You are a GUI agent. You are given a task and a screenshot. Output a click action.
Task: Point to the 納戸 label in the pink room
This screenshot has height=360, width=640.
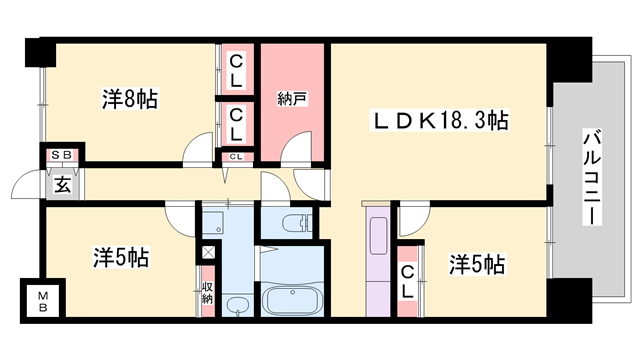tap(291, 99)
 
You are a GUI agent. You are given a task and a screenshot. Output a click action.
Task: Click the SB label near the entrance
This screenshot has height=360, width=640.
tap(62, 156)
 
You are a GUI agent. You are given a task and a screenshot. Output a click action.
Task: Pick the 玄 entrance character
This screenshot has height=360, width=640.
tap(62, 183)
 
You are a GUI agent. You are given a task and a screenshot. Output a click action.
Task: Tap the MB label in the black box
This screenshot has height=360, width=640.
tap(44, 299)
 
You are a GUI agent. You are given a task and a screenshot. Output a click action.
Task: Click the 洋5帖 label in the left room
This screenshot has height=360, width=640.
tap(123, 257)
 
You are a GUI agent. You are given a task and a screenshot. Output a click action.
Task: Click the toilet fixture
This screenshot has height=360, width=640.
tap(297, 224)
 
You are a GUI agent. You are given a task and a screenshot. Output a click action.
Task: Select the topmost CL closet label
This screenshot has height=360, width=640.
tap(237, 70)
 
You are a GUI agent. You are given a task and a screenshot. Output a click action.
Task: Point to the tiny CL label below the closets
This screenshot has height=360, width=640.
tap(237, 157)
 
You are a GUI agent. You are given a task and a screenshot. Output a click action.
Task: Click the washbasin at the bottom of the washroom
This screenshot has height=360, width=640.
tap(236, 305)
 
